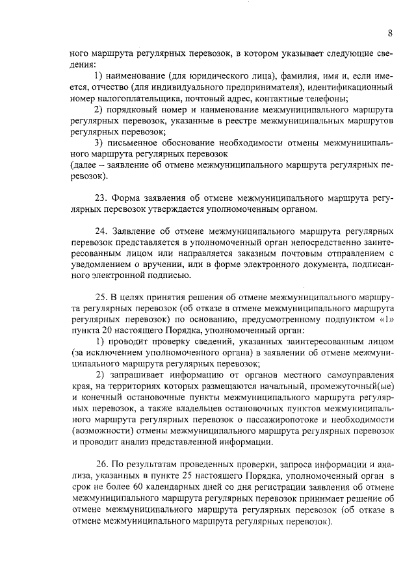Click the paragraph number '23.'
coord(102,198)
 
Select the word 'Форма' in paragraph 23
coord(129,198)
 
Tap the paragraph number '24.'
coord(102,231)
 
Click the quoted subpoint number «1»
coord(385,320)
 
